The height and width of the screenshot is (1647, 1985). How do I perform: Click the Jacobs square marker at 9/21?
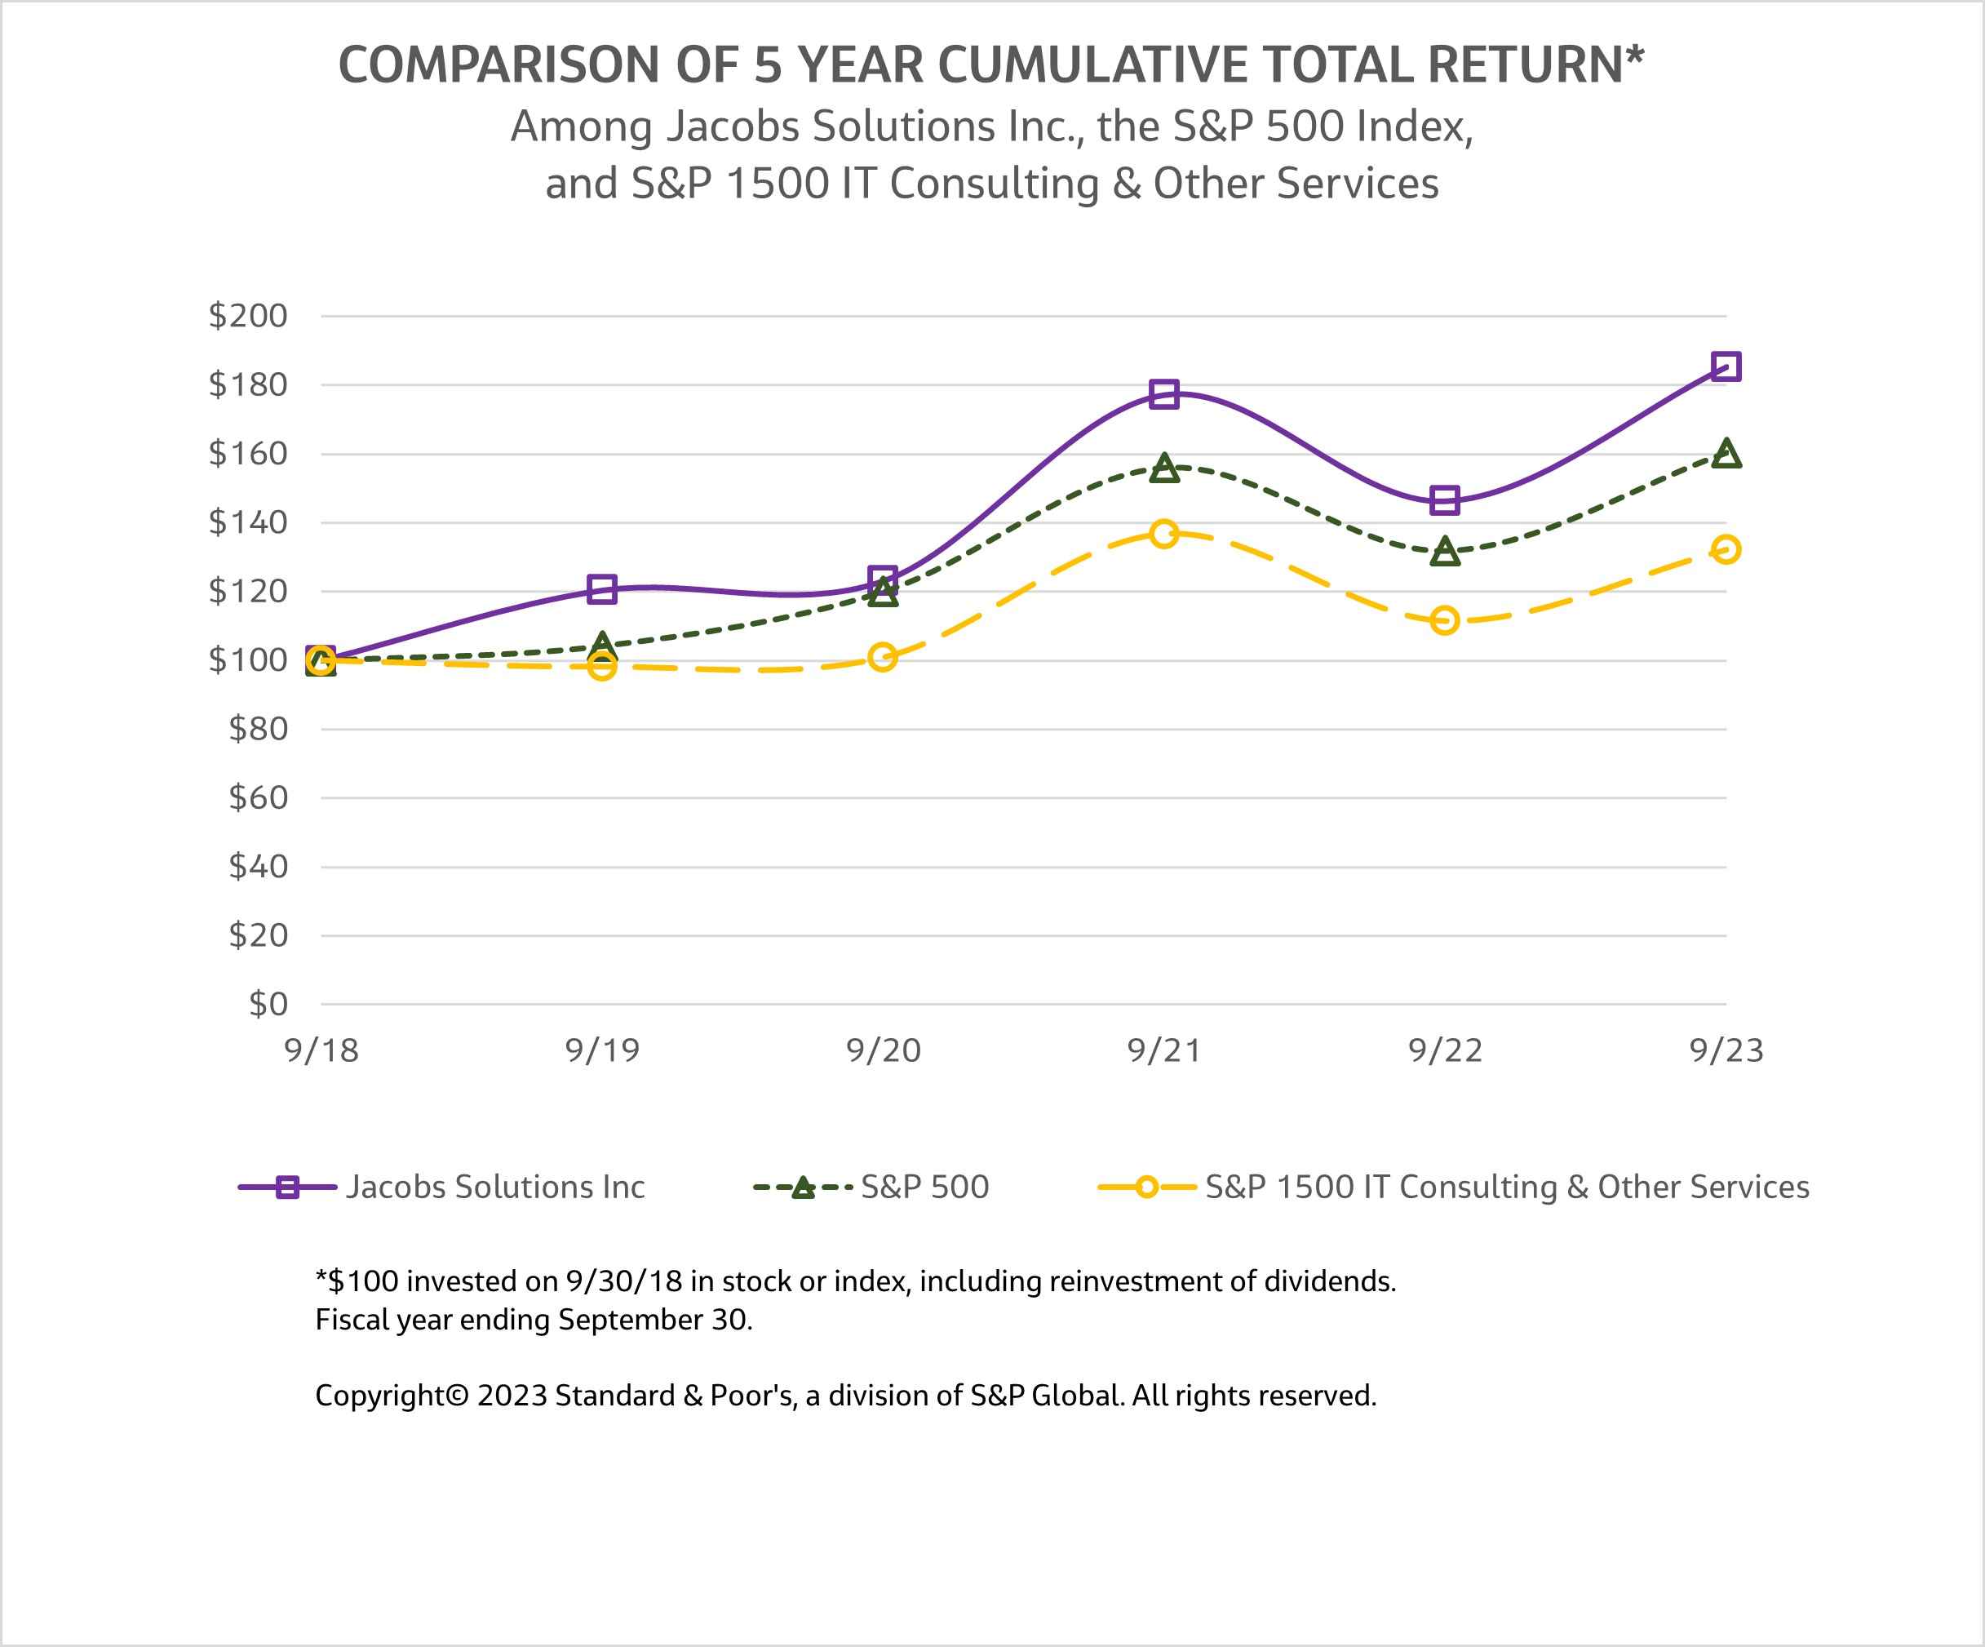pyautogui.click(x=1163, y=394)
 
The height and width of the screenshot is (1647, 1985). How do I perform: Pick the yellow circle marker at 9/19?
pyautogui.click(x=602, y=667)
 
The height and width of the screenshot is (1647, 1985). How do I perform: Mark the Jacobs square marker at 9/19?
pyautogui.click(x=602, y=589)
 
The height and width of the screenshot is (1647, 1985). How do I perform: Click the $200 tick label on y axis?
pyautogui.click(x=248, y=316)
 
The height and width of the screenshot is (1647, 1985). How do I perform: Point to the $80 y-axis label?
pyautogui.click(x=258, y=729)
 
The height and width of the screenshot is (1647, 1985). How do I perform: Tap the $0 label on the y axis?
pyautogui.click(x=268, y=1004)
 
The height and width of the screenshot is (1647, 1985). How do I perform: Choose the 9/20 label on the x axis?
pyautogui.click(x=883, y=1050)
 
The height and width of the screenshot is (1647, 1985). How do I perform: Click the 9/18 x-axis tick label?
pyautogui.click(x=321, y=1050)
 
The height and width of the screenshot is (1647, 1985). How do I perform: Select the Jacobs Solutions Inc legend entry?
pyautogui.click(x=494, y=1187)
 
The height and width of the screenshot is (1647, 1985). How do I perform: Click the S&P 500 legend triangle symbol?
pyautogui.click(x=803, y=1188)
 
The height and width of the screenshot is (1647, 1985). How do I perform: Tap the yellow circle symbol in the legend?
pyautogui.click(x=1146, y=1188)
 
